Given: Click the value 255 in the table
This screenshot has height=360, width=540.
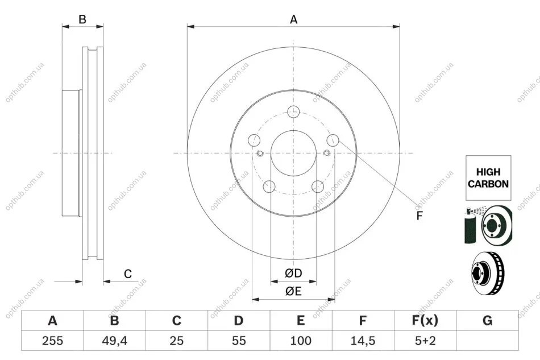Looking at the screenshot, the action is point(52,341).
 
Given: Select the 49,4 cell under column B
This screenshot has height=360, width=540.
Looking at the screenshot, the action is point(114,341).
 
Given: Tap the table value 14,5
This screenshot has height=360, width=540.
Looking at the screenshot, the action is point(363,341).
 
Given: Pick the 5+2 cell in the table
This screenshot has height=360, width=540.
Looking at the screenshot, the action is point(425,341).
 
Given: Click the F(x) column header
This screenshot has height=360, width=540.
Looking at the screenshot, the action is point(425,320).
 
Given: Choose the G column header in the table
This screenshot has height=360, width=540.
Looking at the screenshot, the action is point(487,320).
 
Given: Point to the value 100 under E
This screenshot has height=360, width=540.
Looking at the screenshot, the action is point(301,341).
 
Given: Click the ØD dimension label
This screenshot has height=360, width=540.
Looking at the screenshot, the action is point(293,273).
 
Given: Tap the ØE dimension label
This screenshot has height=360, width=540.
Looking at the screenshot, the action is point(293,291).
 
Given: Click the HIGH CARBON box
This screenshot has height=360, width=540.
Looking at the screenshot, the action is point(488,178).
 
